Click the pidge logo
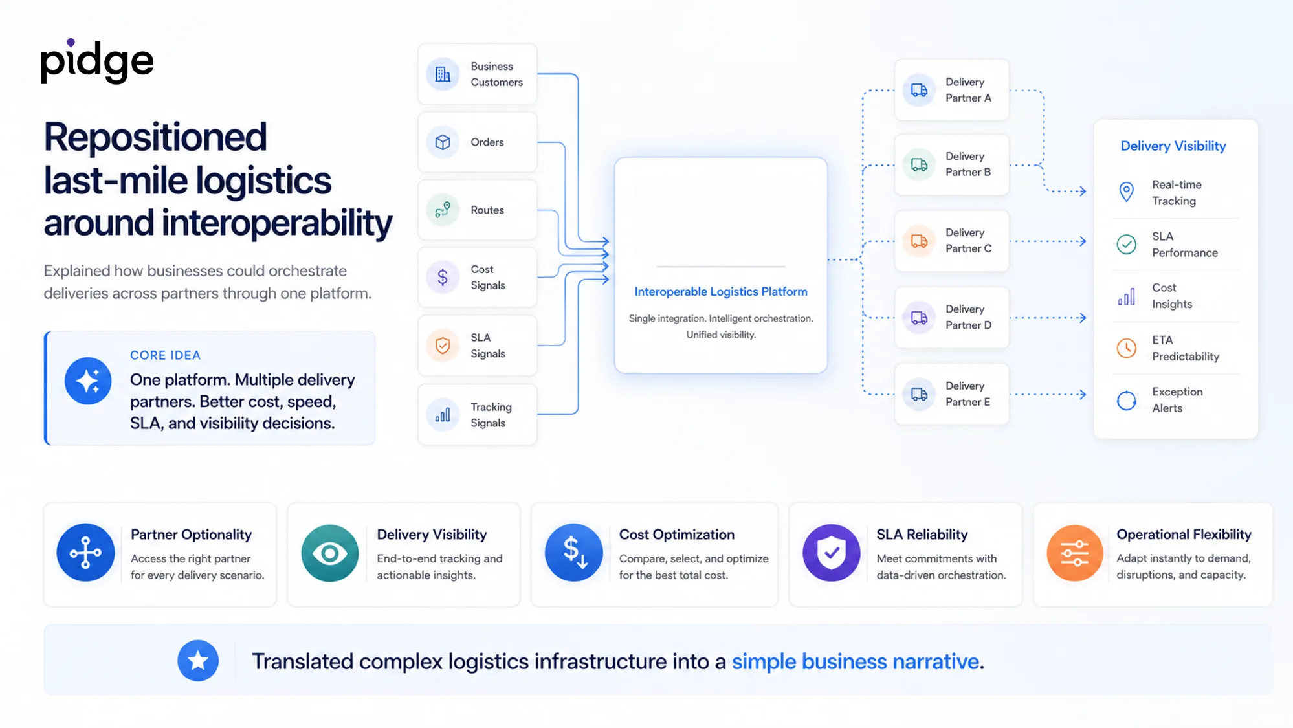tap(97, 61)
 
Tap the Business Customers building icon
tap(443, 74)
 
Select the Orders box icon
tap(443, 142)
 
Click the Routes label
tap(487, 210)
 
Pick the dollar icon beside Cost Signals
tap(443, 278)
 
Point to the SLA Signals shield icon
tap(443, 346)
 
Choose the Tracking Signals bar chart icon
tap(443, 415)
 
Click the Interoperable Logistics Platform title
tap(721, 292)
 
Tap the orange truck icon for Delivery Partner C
tap(919, 241)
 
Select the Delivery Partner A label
tap(968, 90)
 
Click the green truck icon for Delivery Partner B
tap(919, 165)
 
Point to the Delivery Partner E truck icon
tap(919, 394)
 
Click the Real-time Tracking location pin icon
tap(1127, 192)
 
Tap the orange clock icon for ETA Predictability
tap(1127, 348)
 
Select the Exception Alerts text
tap(1177, 400)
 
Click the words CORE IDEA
tap(165, 355)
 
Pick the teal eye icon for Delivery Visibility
tap(330, 553)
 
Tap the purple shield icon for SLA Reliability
tap(832, 553)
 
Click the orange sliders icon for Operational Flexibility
tap(1075, 553)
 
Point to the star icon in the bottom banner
tap(198, 661)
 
